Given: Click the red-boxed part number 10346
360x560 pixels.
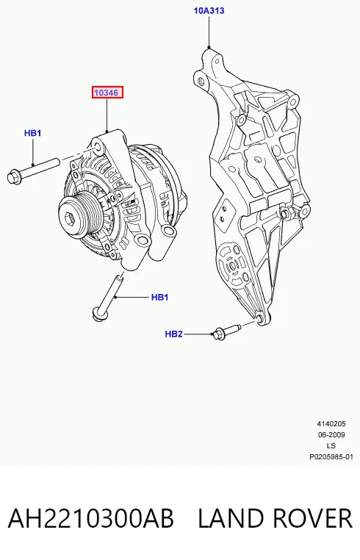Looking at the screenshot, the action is click(x=107, y=93).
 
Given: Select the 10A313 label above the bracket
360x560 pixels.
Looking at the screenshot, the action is click(x=209, y=11).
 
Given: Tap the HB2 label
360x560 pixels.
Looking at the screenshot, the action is click(x=173, y=334).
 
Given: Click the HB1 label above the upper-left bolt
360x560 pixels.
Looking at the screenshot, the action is click(x=33, y=133).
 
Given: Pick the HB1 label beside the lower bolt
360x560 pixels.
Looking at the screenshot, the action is click(x=159, y=297).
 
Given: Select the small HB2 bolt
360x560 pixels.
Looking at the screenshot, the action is click(x=226, y=332).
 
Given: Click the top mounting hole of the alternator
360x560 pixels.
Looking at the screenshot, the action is click(x=97, y=147).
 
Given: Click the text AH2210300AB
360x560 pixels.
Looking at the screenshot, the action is click(x=91, y=519).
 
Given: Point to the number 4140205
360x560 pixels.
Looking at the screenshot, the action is click(x=331, y=424).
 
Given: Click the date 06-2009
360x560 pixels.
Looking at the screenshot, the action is click(x=331, y=434).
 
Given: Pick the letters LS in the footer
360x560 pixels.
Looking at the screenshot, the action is click(x=331, y=445).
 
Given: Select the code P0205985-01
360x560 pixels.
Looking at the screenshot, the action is click(x=331, y=457).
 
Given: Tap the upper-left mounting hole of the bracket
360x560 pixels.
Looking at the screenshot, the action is click(x=200, y=79).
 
